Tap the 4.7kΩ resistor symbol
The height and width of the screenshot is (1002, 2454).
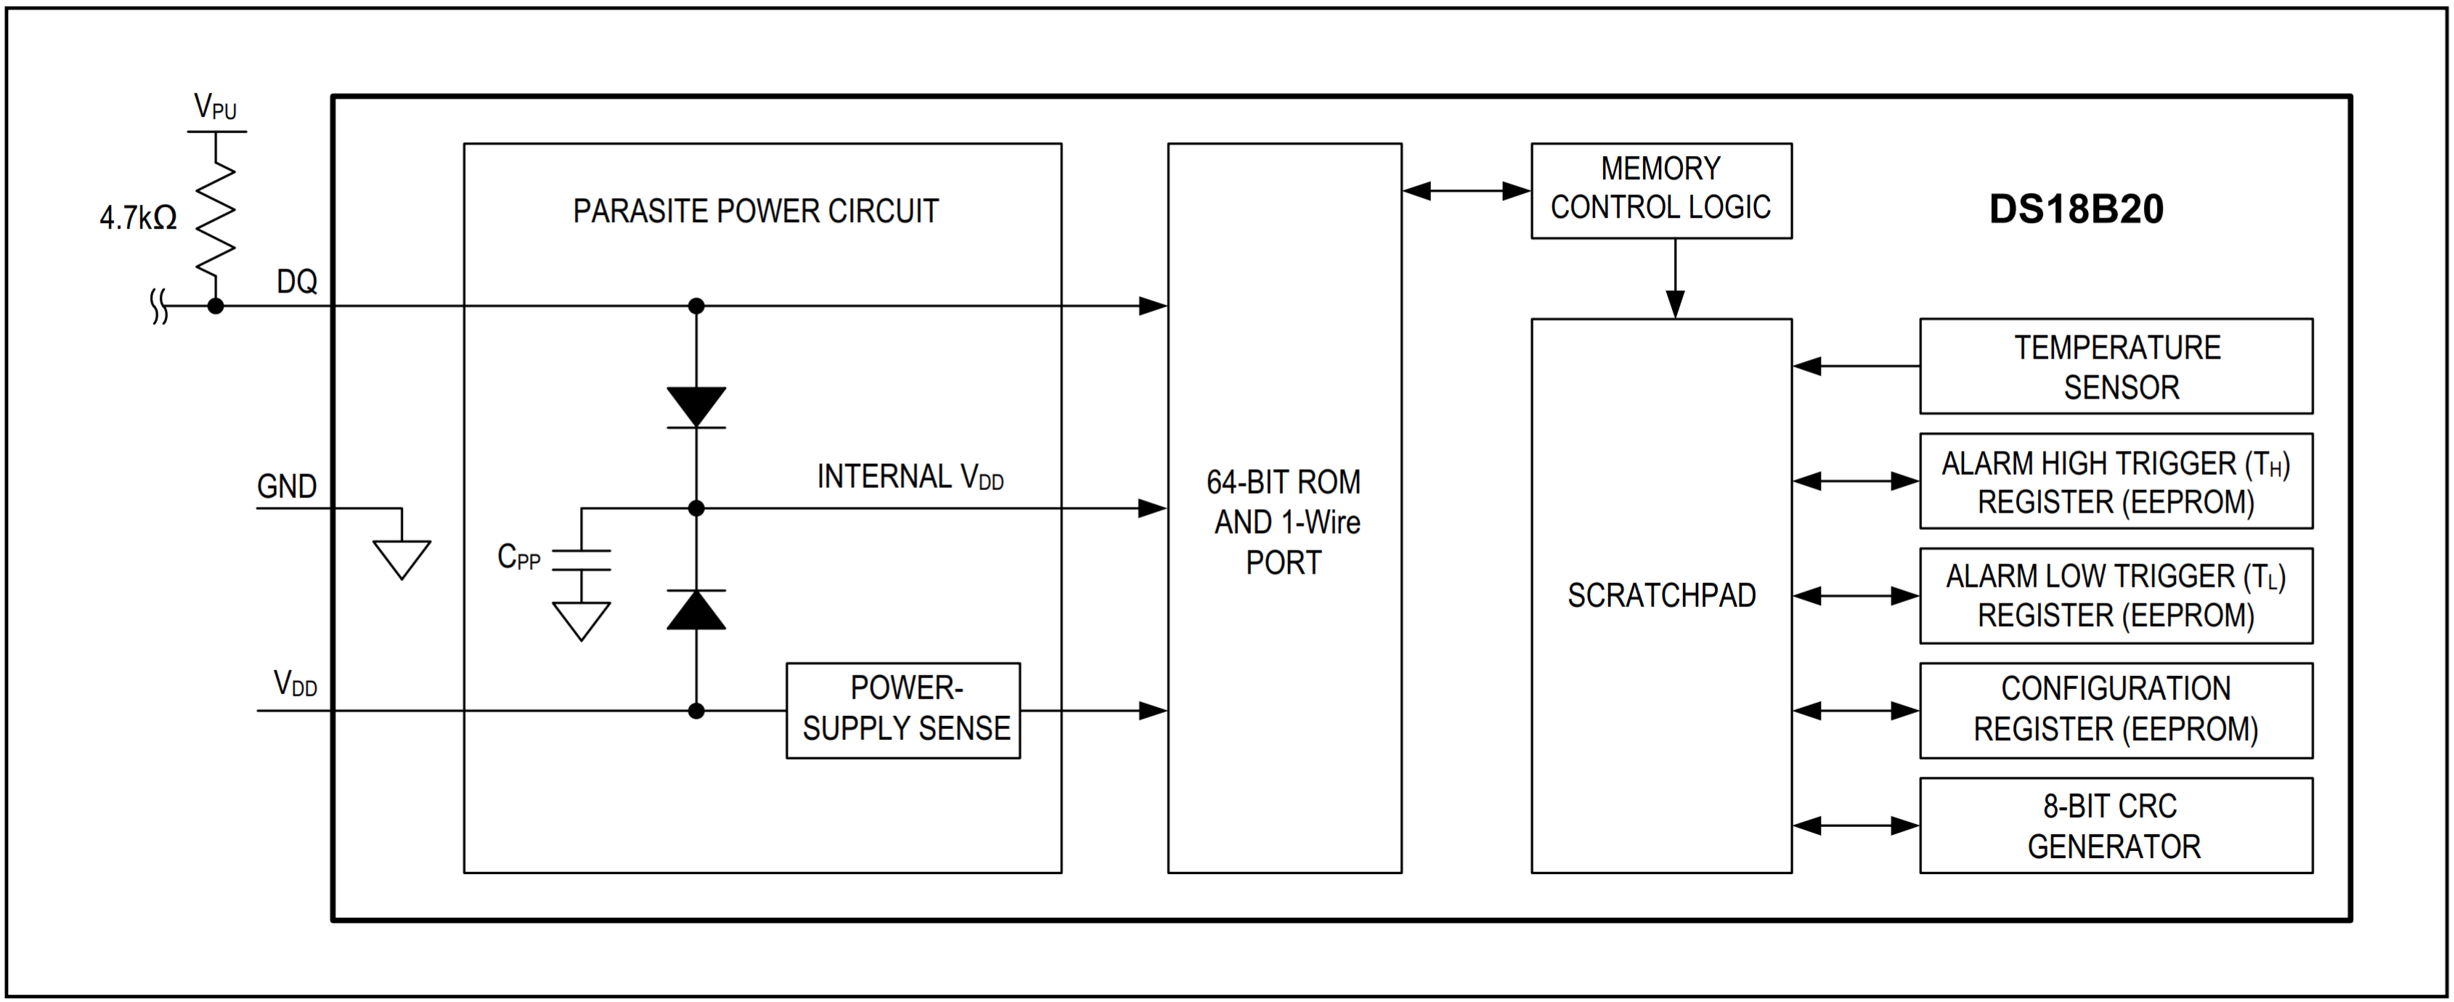[216, 216]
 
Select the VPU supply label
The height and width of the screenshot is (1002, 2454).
[216, 106]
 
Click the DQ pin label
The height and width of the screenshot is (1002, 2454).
[296, 282]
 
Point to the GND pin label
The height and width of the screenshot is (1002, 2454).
[287, 486]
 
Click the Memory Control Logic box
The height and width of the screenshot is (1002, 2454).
[1660, 190]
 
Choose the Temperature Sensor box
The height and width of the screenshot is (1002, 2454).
[2116, 367]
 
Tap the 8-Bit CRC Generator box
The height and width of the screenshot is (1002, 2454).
[2116, 826]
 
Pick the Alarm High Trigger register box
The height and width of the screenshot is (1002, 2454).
[2116, 481]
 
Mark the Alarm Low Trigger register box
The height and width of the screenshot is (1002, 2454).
[2116, 596]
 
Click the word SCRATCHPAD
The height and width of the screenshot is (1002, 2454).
[1661, 596]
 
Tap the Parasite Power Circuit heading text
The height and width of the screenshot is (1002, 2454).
[756, 211]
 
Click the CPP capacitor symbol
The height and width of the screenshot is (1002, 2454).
[581, 560]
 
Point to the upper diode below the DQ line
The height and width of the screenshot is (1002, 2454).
[696, 407]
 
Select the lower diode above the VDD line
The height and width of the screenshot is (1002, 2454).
[696, 610]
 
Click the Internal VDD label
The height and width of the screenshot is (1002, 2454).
[910, 476]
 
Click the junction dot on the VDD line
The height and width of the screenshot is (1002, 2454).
[696, 711]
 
